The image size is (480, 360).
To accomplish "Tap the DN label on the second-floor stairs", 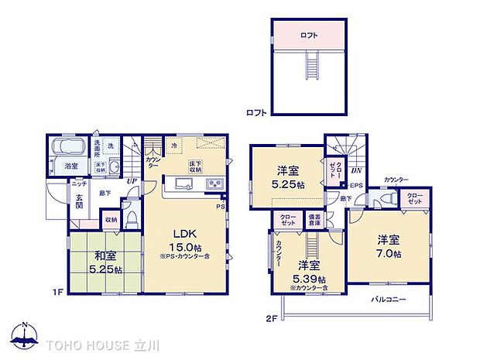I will [x=356, y=171].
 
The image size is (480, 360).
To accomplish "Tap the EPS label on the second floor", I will [x=356, y=186].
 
